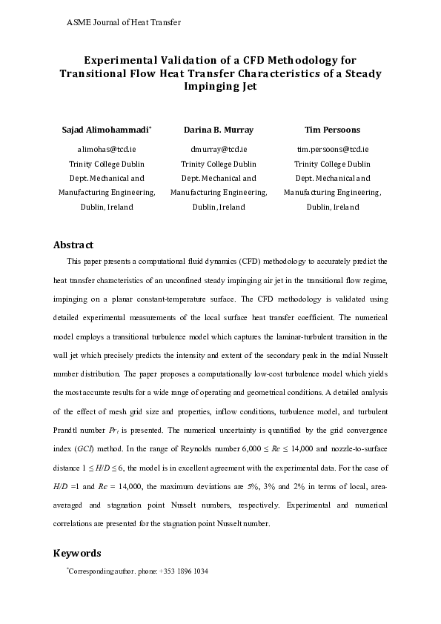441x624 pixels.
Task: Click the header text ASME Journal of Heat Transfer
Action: [x=124, y=22]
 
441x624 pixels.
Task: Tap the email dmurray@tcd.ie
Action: [x=218, y=149]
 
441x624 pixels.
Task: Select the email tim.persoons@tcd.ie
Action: [x=333, y=149]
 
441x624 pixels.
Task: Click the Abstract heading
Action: [x=73, y=245]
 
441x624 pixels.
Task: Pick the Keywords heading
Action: [x=77, y=553]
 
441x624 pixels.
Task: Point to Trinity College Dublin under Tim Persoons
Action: [x=333, y=164]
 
